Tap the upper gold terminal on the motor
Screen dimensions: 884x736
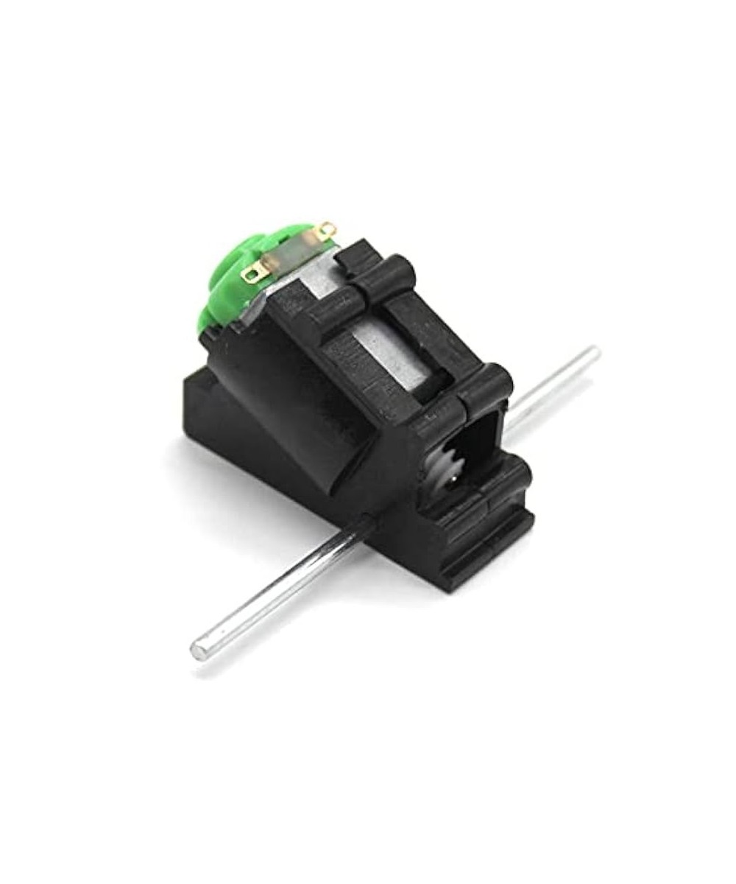[x=328, y=231]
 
